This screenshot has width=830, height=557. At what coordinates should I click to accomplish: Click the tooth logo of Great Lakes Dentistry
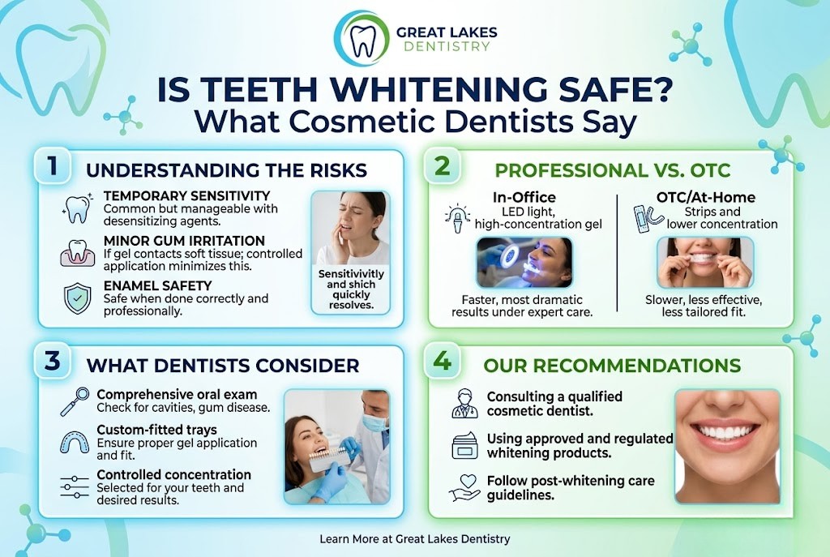point(362,37)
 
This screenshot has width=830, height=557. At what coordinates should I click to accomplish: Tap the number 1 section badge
point(52,165)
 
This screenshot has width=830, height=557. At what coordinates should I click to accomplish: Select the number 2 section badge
point(442,165)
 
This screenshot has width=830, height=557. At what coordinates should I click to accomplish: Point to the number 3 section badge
point(52,362)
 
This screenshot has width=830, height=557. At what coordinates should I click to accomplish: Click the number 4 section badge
point(442,362)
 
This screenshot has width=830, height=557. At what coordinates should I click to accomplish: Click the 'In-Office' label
point(525,197)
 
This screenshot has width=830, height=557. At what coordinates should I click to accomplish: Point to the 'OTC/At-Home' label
point(705,197)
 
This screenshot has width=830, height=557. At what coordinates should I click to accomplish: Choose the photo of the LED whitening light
point(525,262)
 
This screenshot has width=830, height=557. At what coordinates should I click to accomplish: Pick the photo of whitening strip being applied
point(705,262)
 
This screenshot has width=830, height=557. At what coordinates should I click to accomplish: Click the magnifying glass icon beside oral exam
point(75,400)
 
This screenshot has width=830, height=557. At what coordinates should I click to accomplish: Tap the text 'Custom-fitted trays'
point(156,430)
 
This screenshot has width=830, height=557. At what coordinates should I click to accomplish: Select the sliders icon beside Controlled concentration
point(75,486)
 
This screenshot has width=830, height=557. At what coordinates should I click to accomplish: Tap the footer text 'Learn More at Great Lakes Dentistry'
point(415,538)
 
